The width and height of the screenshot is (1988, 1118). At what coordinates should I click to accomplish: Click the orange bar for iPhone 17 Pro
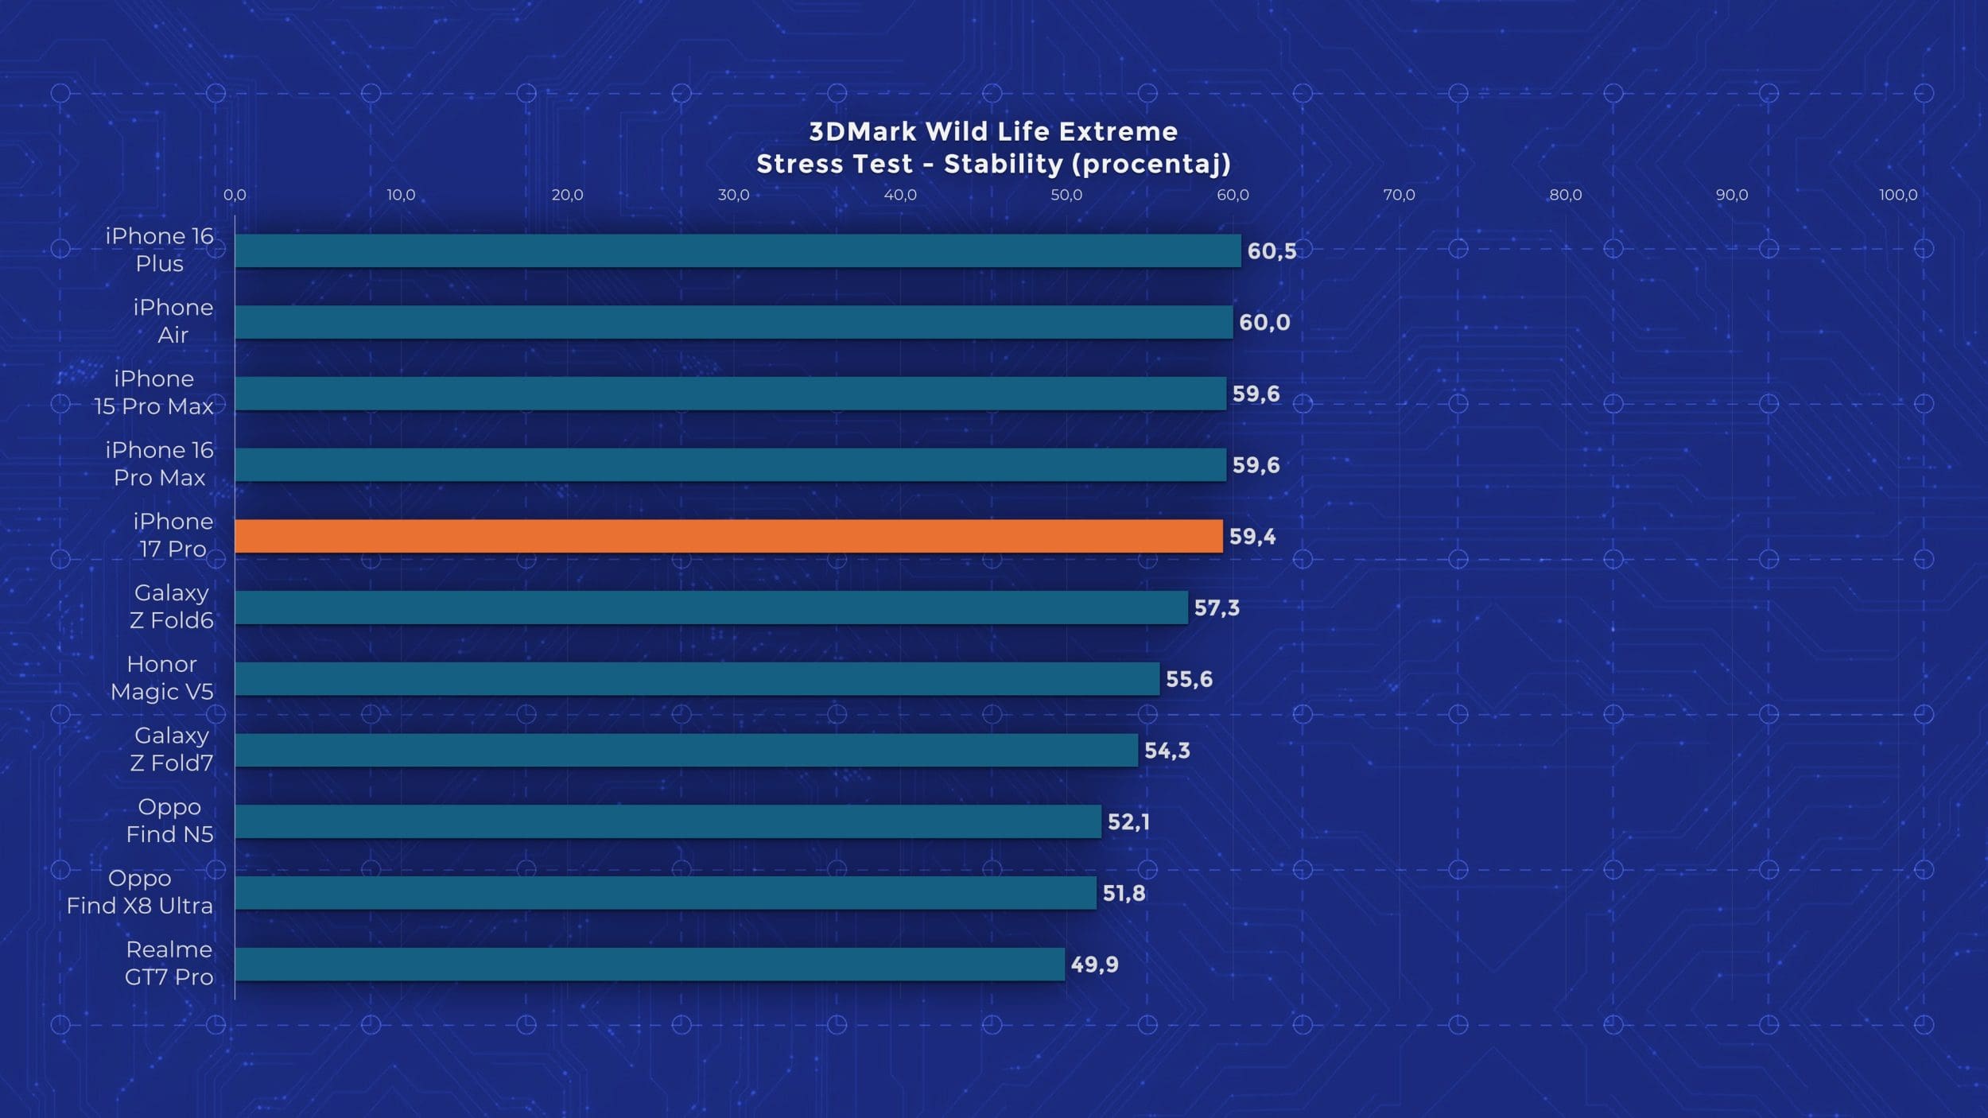point(728,536)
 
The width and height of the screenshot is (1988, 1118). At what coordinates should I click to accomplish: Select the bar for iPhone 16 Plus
point(737,250)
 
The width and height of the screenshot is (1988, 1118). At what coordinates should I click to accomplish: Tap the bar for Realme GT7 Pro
point(650,964)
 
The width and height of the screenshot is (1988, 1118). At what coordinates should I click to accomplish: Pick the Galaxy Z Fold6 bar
point(711,608)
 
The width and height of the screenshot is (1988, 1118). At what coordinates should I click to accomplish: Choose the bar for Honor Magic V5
point(697,679)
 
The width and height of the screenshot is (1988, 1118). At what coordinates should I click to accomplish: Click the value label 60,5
point(1272,251)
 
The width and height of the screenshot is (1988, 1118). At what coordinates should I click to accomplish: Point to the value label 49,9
point(1094,965)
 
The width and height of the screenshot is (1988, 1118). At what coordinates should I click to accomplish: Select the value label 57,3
point(1217,608)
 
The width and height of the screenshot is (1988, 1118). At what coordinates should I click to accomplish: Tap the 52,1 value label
point(1128,822)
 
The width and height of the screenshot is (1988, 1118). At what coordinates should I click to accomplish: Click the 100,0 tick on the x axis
point(1897,195)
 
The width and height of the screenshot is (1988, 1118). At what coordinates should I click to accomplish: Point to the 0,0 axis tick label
point(235,195)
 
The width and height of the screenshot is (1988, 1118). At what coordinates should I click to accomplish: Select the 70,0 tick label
point(1399,195)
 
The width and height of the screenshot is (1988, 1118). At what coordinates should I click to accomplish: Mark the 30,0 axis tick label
point(733,195)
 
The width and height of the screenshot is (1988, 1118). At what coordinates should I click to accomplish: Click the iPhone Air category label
point(173,321)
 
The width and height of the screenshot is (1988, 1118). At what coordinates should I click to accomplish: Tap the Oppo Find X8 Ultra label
point(140,892)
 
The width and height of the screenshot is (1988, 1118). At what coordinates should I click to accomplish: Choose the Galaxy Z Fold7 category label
point(172,749)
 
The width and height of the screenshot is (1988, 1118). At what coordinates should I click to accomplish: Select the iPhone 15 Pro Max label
point(154,393)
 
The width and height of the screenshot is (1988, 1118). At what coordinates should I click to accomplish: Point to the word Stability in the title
point(1004,164)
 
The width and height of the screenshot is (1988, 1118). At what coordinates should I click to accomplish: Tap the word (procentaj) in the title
point(1151,164)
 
